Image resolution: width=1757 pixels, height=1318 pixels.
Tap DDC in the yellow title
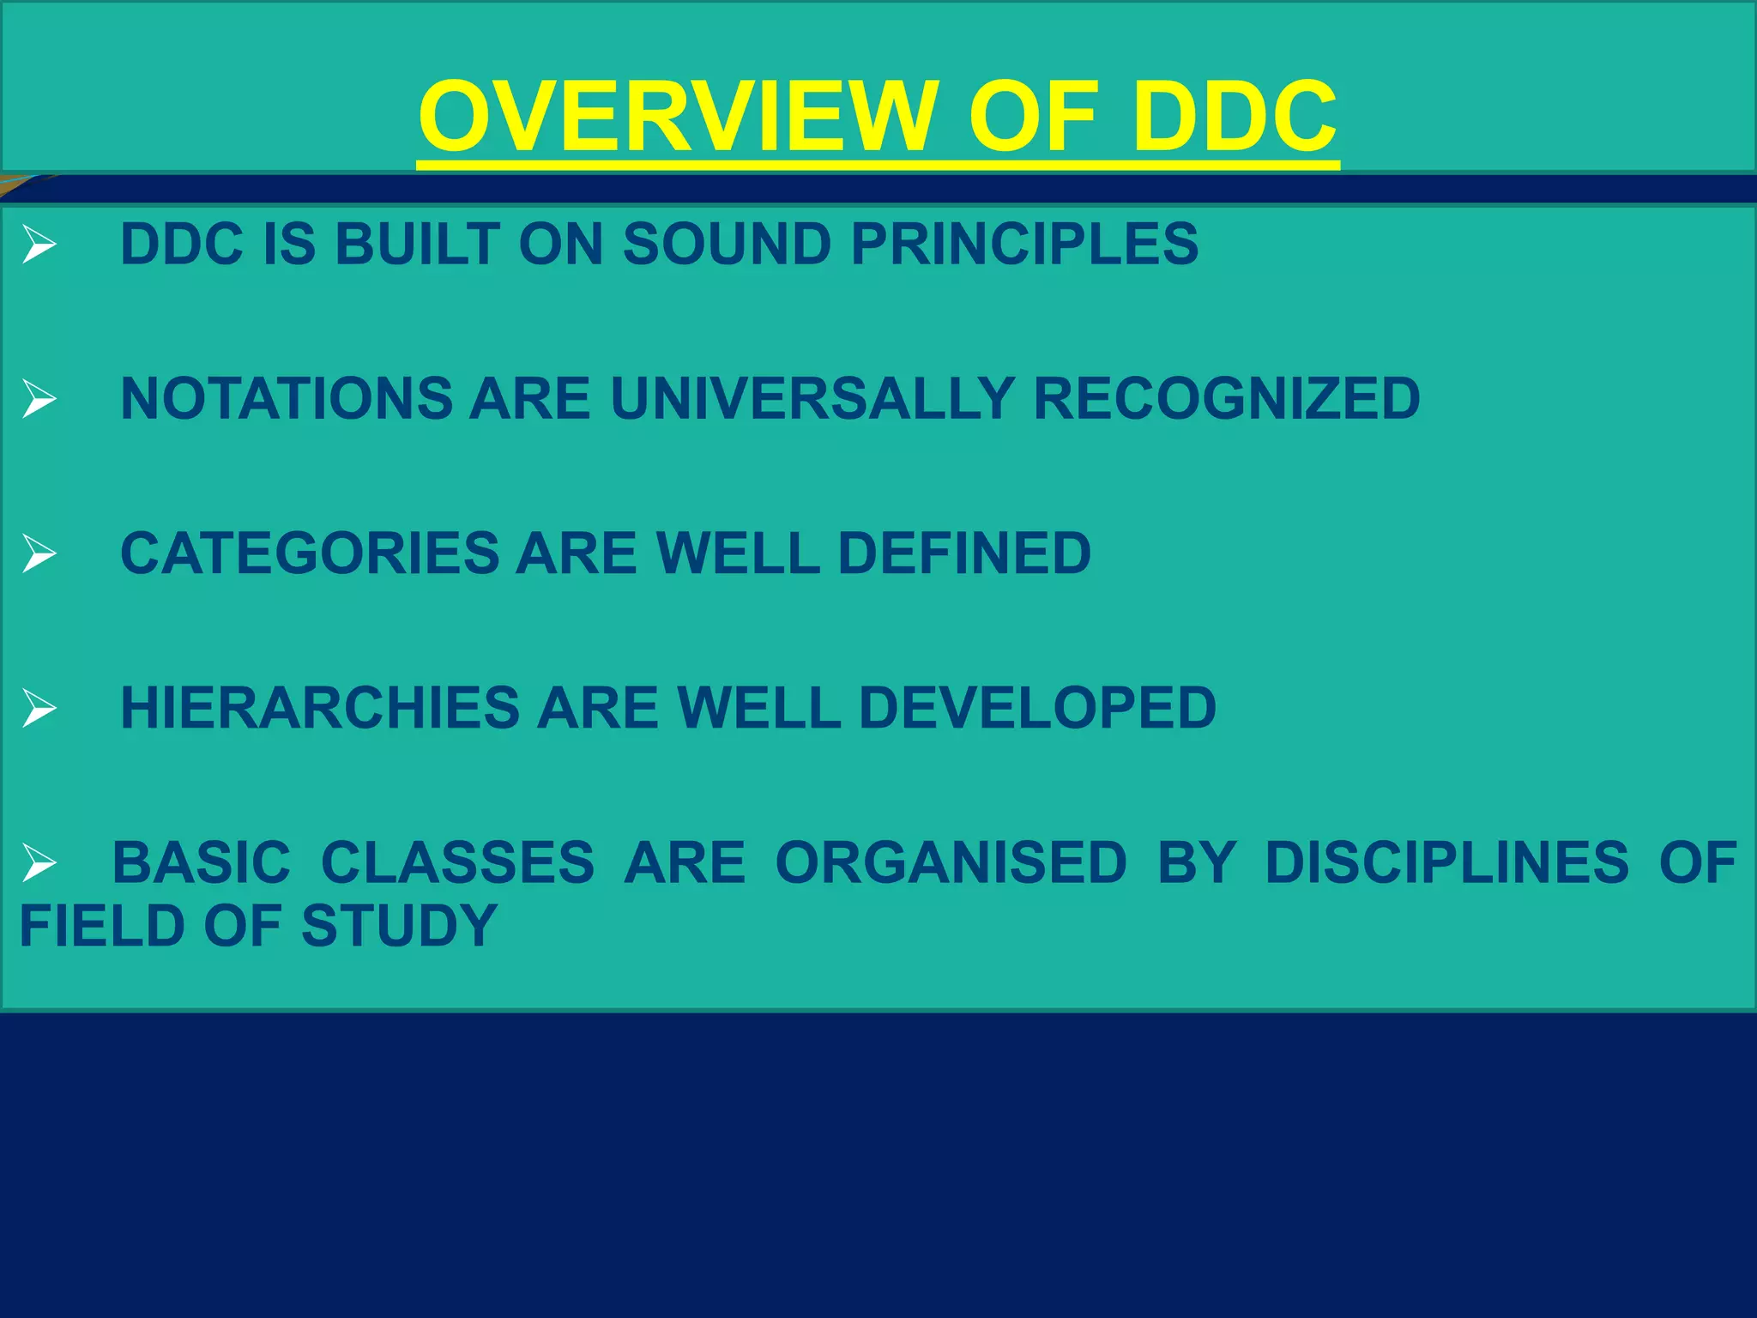tap(1234, 116)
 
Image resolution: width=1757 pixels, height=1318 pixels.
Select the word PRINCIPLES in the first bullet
tap(1024, 244)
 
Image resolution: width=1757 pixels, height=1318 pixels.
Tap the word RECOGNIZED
tap(1227, 399)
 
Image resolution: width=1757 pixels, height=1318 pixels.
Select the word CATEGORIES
tap(310, 553)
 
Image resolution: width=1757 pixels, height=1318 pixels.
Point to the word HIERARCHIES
tap(320, 709)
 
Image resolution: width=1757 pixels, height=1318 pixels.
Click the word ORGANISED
tap(951, 863)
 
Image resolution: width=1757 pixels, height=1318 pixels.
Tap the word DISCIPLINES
tap(1446, 863)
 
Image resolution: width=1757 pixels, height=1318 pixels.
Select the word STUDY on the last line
tap(399, 927)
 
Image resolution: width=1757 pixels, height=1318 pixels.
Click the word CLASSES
tap(457, 863)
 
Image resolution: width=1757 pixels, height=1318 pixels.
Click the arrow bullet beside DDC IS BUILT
tap(39, 245)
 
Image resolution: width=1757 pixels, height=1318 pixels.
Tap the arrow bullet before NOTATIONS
tap(39, 400)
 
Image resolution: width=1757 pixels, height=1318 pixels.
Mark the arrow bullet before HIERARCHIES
tap(39, 709)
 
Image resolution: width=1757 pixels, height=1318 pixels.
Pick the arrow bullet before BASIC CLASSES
tap(39, 863)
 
